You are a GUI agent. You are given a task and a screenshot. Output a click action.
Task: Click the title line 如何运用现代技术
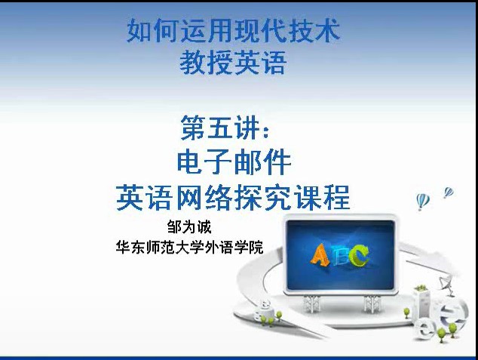(x=234, y=30)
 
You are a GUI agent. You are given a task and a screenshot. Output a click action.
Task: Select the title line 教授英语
(x=233, y=63)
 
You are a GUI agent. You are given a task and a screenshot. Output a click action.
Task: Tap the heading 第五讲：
(x=225, y=128)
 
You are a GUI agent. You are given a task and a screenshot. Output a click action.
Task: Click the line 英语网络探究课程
(x=233, y=198)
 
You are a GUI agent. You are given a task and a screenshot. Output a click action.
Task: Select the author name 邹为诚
(x=189, y=227)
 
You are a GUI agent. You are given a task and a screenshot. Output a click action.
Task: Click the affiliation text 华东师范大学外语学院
(x=189, y=248)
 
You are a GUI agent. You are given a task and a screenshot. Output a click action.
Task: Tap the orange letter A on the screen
(x=320, y=254)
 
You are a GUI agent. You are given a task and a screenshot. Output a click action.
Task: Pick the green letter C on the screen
(x=360, y=255)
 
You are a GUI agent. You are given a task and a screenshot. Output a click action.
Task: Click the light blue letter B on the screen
(x=340, y=254)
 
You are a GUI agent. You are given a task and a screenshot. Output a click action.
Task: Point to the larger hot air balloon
(x=422, y=202)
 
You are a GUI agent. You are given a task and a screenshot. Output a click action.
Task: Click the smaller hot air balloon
(x=449, y=192)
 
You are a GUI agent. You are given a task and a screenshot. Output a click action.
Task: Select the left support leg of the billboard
(x=311, y=304)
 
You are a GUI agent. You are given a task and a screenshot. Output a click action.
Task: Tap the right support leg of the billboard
(x=372, y=303)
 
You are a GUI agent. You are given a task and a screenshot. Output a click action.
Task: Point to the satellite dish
(x=445, y=282)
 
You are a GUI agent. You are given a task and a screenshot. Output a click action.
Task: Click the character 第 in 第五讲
(x=193, y=128)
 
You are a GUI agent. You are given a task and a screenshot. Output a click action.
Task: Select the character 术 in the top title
(x=328, y=30)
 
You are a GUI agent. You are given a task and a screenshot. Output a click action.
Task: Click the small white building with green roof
(x=422, y=301)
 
